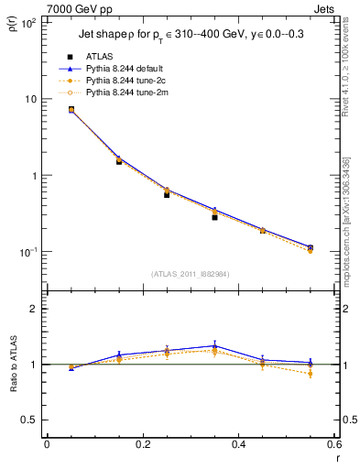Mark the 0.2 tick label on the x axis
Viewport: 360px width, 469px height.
[x=142, y=444]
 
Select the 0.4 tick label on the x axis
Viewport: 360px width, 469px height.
[x=238, y=444]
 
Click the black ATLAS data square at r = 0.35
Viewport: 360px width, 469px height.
[x=214, y=217]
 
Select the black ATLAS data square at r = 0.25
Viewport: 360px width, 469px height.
[x=167, y=194]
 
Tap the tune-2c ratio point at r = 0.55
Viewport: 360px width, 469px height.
[x=311, y=374]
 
